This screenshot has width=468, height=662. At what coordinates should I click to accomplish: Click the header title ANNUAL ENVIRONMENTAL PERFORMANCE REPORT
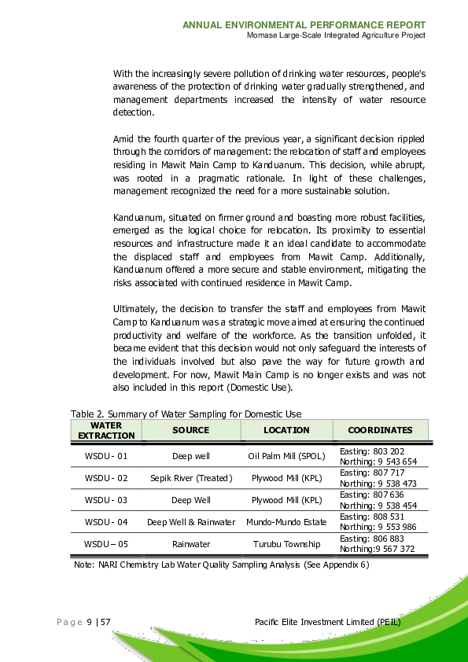point(304,25)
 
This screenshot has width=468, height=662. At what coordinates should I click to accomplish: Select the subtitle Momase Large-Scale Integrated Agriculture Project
point(336,35)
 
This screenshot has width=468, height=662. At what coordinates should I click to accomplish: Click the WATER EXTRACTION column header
point(106,430)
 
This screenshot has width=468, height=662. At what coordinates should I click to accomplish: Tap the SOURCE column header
point(190,430)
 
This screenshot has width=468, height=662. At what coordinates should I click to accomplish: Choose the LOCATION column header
point(286,430)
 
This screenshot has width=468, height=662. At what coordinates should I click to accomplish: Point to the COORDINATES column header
point(380,430)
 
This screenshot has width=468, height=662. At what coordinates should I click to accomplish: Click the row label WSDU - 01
point(106,456)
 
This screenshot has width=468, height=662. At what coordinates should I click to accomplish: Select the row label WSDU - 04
point(106,522)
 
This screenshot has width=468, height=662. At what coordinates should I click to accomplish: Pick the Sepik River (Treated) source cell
point(191,478)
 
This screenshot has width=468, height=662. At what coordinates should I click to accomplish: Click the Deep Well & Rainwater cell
point(191,522)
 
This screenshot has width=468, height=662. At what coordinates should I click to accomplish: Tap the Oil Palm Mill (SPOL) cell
point(286,456)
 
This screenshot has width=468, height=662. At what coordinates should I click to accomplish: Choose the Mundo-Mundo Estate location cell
point(286,522)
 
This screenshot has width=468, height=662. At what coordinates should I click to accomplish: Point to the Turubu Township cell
point(286,544)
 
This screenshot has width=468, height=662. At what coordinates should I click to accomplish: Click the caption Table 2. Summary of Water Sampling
point(186,414)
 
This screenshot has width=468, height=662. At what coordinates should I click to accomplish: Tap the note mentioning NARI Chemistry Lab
point(221,565)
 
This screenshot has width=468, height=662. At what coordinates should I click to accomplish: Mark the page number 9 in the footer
point(89,623)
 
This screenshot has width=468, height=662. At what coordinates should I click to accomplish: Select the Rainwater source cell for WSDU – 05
point(191,544)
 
